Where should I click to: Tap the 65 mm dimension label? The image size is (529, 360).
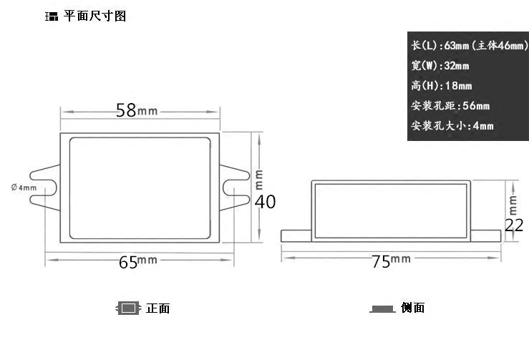[x=137, y=261]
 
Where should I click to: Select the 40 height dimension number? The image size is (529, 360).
[x=265, y=202]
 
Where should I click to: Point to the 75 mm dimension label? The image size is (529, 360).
[x=390, y=261]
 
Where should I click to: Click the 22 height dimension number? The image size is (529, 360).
[x=514, y=225]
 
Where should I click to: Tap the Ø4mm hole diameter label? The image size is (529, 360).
[x=24, y=188]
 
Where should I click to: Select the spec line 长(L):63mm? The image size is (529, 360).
[x=469, y=45]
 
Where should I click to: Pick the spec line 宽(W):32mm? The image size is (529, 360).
[x=440, y=66]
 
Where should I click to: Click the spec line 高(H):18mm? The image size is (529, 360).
[x=442, y=86]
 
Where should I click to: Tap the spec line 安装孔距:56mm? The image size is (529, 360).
[x=450, y=106]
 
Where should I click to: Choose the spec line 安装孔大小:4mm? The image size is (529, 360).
[x=452, y=126]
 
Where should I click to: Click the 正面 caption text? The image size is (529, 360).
[x=157, y=308]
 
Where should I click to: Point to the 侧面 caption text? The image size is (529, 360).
[x=413, y=308]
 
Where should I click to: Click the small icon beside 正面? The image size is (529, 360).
[x=128, y=308]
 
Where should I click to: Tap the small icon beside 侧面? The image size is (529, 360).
[x=383, y=309]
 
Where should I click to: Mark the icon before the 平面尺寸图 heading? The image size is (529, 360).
[x=52, y=16]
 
